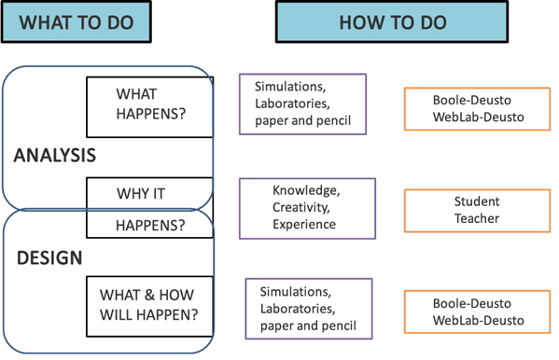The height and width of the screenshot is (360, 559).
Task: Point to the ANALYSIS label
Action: (55, 157)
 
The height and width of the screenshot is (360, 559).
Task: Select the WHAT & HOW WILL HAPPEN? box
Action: (149, 304)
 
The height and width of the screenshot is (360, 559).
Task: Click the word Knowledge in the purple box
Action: (305, 189)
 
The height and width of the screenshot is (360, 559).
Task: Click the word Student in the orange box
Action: (477, 201)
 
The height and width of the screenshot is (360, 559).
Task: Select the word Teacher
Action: (477, 218)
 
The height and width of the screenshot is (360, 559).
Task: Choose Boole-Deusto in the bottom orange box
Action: (477, 303)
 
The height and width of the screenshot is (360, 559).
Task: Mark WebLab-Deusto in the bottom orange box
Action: (477, 321)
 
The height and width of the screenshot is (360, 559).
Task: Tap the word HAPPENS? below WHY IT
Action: (150, 225)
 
